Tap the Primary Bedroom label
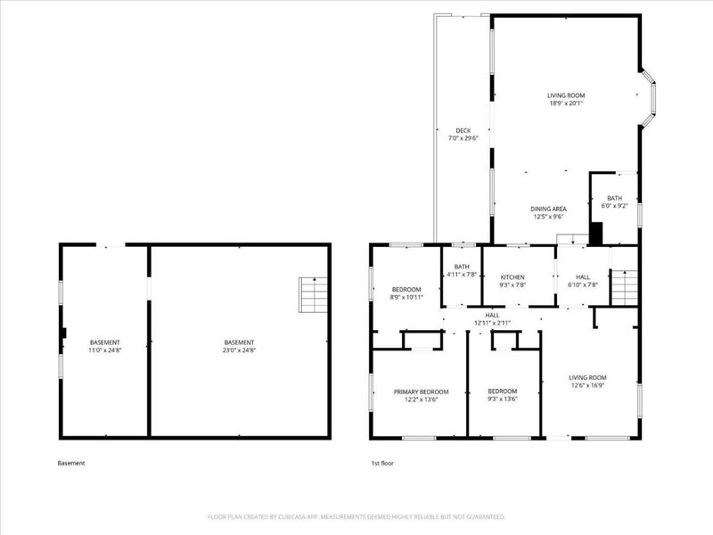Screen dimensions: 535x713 (x=422, y=391)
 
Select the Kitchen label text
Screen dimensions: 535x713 (x=512, y=277)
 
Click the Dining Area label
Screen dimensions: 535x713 (x=549, y=209)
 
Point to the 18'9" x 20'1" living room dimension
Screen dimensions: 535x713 (x=566, y=103)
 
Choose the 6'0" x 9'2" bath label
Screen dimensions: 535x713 (x=615, y=206)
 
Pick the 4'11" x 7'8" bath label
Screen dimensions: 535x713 (x=462, y=274)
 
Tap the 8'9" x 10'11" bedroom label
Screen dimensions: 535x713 (x=406, y=297)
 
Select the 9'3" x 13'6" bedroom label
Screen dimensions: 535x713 (x=503, y=399)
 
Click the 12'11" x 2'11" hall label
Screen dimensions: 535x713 (x=492, y=322)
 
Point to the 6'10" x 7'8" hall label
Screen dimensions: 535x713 (x=582, y=284)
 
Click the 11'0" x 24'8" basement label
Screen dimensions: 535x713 (x=104, y=350)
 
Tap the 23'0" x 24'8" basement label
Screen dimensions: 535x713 (x=239, y=350)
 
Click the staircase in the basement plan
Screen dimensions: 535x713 (x=313, y=294)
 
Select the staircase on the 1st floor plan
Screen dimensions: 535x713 (x=626, y=287)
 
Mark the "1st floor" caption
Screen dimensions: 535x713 (x=382, y=464)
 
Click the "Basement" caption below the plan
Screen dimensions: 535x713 (x=71, y=464)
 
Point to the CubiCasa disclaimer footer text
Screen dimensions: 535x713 (x=356, y=517)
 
